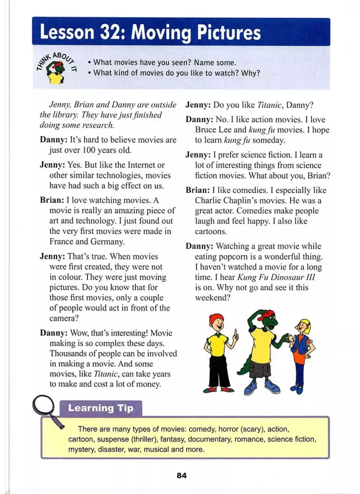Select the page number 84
182,475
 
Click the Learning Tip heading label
101,408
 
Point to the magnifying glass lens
44,407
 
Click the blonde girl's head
304,327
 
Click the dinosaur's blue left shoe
250,388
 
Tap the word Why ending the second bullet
251,73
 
